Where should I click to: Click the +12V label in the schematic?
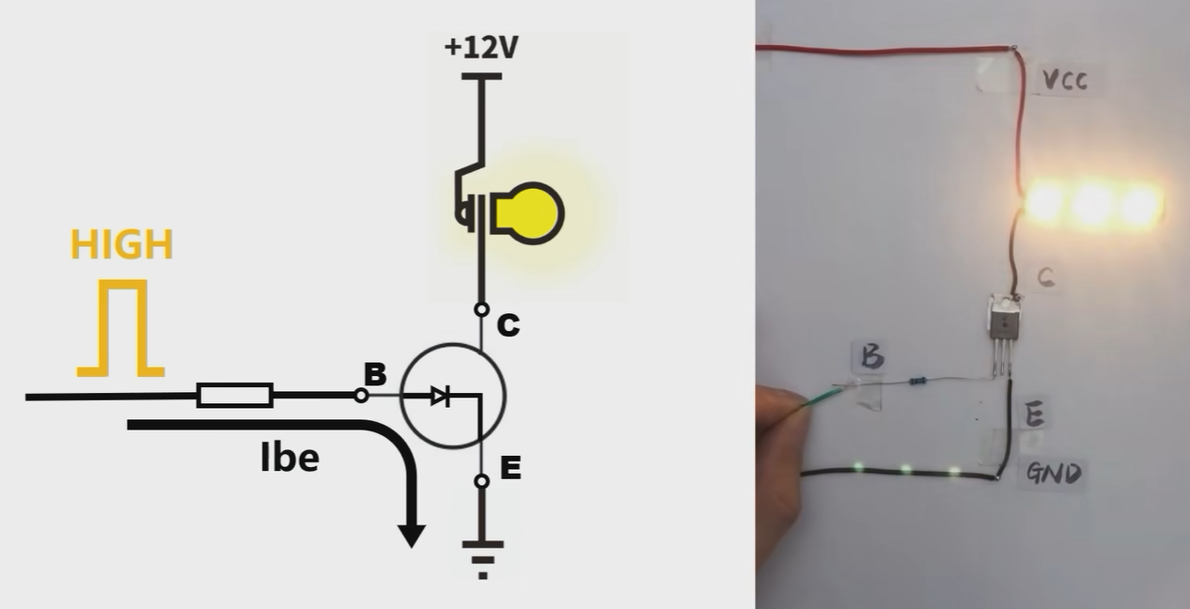click(481, 47)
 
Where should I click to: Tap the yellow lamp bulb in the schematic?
click(530, 212)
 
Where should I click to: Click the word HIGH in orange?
click(121, 245)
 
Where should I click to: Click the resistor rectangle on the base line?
click(235, 396)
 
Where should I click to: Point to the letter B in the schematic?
click(375, 375)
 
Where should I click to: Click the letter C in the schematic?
click(508, 325)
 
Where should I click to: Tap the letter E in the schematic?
click(510, 467)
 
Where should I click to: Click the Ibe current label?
click(290, 458)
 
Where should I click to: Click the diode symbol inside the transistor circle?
click(440, 397)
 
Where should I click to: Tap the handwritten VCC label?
click(1065, 81)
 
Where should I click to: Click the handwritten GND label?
click(1053, 473)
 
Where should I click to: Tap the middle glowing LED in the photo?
click(1092, 204)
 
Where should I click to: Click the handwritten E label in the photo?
click(1033, 414)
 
